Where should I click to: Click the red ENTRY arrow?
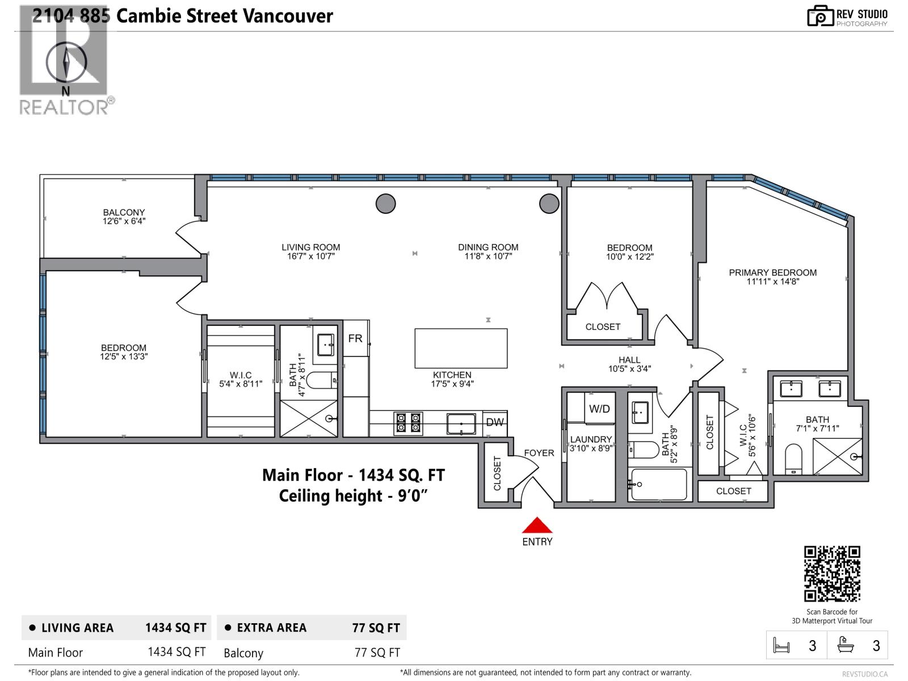[537, 526]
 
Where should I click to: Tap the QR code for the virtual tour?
[832, 574]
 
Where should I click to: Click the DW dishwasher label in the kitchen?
[495, 422]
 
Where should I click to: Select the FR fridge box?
[356, 339]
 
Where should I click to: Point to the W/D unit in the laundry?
[599, 409]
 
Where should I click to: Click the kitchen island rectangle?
[461, 348]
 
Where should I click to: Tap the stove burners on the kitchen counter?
[409, 422]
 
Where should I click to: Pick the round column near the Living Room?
[386, 203]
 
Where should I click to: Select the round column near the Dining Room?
[549, 203]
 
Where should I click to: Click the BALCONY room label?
[124, 216]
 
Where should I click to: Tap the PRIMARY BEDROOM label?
[772, 276]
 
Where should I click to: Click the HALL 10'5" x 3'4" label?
[629, 364]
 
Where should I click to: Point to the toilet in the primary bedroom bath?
[793, 459]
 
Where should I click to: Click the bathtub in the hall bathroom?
[659, 485]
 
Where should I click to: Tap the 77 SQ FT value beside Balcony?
[377, 653]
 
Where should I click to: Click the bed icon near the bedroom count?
[781, 646]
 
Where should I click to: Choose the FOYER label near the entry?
[539, 453]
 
